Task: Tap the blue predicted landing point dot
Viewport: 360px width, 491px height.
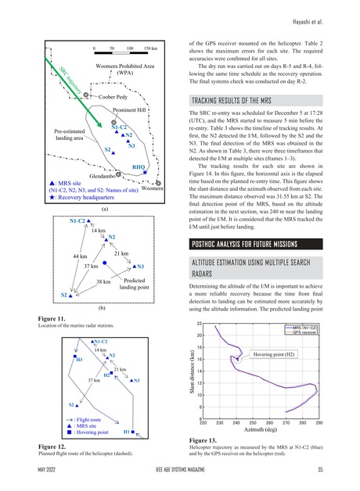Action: click(105, 263)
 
